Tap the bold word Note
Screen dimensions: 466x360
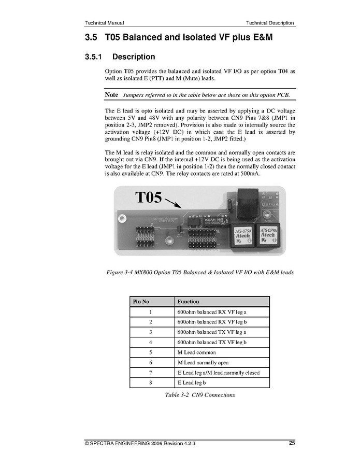point(111,95)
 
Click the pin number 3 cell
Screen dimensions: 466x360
point(150,332)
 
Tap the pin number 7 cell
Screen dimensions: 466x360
point(150,373)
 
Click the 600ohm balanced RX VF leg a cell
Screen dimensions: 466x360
point(211,312)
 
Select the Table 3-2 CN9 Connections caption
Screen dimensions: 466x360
point(199,395)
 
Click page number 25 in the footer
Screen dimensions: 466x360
point(292,443)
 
